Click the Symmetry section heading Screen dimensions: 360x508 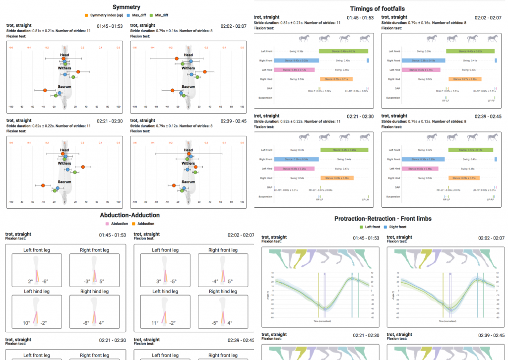[126, 7]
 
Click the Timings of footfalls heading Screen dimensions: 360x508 [380, 8]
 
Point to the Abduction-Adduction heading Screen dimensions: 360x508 [129, 215]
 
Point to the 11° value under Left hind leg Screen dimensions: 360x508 [155, 323]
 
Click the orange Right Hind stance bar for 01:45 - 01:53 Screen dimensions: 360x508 [336, 79]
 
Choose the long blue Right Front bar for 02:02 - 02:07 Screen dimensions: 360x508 [423, 60]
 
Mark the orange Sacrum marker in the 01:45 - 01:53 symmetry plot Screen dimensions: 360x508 [45, 90]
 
